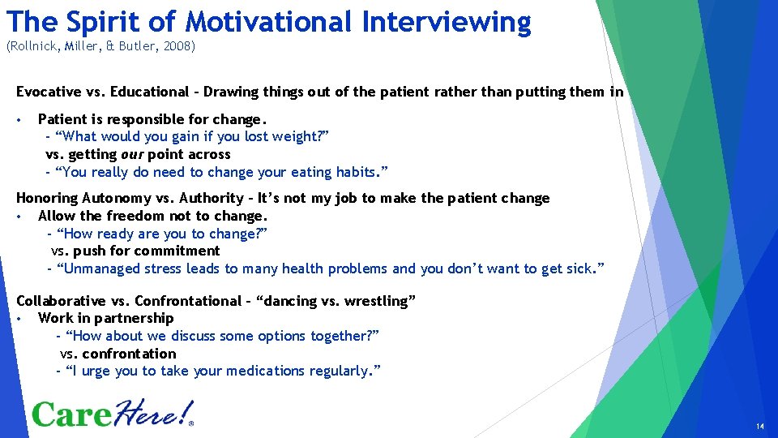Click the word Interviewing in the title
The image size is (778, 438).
[447, 21]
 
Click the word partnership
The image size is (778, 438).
[134, 318]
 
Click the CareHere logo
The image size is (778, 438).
[113, 414]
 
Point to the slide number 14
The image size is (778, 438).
[759, 427]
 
